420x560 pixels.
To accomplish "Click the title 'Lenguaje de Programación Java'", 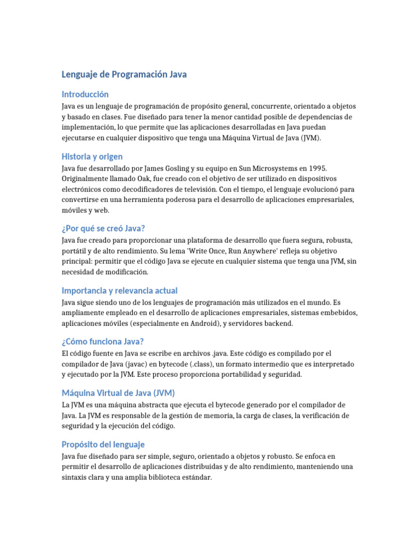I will coord(124,74).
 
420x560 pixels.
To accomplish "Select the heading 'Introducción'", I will coord(85,94).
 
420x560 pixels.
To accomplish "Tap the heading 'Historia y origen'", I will coord(92,156).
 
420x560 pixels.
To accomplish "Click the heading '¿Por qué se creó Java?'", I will coord(103,228).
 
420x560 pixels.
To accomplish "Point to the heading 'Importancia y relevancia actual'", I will coord(119,290).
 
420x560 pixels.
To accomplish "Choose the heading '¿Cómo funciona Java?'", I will coord(103,342).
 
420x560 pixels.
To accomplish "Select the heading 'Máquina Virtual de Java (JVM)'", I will coord(118,393).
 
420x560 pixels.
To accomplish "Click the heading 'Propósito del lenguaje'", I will coord(103,445).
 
